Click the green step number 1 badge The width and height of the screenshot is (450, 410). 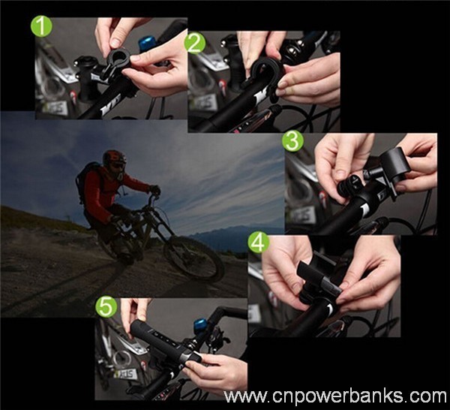click(41, 27)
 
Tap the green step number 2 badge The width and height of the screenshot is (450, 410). click(195, 44)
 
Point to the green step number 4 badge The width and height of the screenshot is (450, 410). click(258, 243)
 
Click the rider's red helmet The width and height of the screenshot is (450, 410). click(114, 157)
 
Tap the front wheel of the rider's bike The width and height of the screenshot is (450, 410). click(194, 258)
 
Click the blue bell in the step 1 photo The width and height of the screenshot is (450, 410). click(148, 43)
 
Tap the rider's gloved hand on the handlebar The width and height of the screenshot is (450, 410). click(155, 190)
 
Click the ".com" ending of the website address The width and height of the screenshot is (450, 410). click(433, 396)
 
